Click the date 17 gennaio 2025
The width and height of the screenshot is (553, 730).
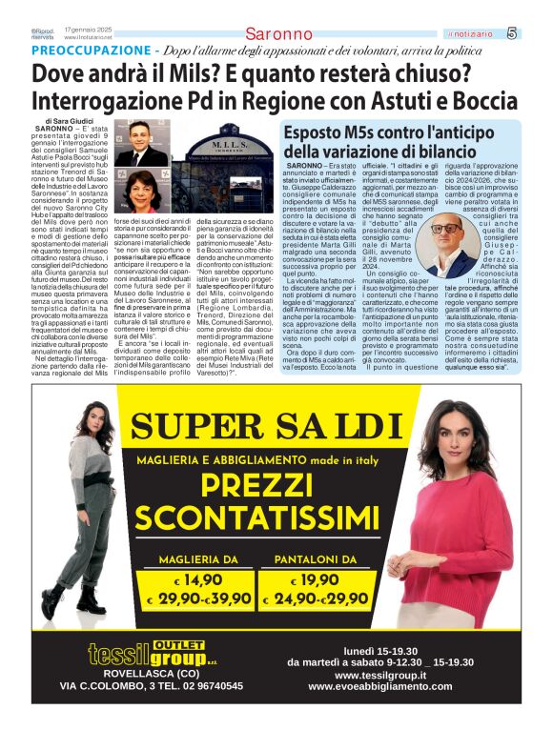click(x=88, y=30)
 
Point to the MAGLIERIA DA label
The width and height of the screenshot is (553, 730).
click(x=204, y=558)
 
